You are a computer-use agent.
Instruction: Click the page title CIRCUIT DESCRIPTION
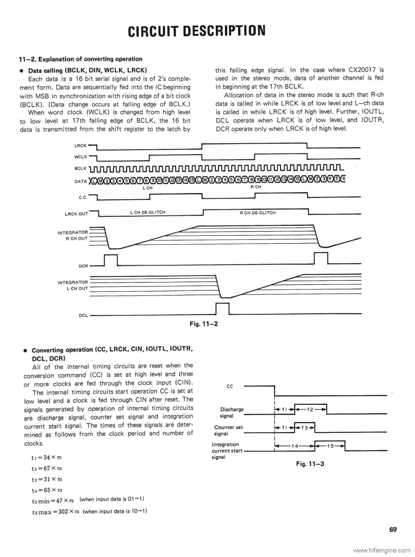(x=197, y=31)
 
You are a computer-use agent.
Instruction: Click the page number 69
(x=393, y=530)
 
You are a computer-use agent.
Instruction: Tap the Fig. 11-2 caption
(x=204, y=324)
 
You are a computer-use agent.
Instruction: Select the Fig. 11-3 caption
(x=310, y=464)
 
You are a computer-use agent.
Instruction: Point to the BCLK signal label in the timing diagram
(x=80, y=168)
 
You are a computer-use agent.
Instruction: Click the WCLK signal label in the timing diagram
(x=80, y=157)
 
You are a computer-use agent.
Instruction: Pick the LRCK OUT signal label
(x=77, y=214)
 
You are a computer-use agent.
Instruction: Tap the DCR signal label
(x=83, y=266)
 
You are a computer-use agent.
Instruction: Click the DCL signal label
(x=83, y=316)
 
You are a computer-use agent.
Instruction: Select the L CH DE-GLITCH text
(x=148, y=212)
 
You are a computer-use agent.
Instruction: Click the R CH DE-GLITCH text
(x=258, y=213)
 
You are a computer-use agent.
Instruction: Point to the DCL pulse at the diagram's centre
(x=222, y=309)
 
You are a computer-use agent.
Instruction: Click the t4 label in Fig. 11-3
(x=295, y=446)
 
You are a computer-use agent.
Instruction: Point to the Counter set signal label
(x=228, y=430)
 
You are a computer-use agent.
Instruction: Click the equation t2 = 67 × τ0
(x=47, y=468)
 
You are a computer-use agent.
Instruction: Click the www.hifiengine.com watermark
(x=382, y=550)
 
